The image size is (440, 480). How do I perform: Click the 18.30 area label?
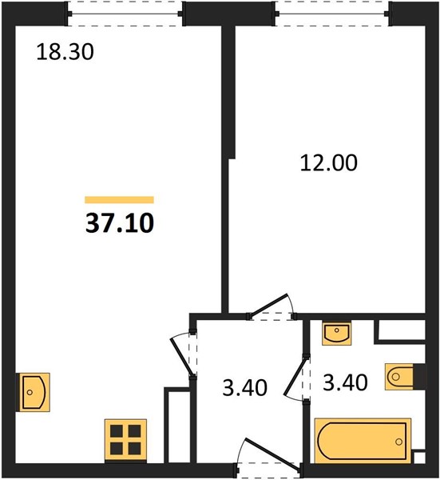(x=65, y=52)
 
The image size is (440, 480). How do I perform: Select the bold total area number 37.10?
(x=120, y=223)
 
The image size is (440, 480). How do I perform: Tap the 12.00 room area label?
(x=328, y=163)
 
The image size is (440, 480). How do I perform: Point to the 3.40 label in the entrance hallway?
(x=244, y=387)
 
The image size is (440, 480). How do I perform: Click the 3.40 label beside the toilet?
(x=345, y=382)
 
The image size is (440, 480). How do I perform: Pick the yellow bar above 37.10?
(x=119, y=200)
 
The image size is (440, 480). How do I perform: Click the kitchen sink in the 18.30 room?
(x=33, y=392)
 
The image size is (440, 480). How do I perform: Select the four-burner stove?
(x=125, y=440)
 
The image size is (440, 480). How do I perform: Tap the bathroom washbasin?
(x=336, y=333)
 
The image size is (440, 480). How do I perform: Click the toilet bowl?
(x=398, y=377)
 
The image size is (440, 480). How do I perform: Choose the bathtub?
(x=363, y=441)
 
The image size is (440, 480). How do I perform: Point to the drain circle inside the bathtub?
(x=398, y=442)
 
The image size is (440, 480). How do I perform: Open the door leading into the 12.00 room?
(x=268, y=304)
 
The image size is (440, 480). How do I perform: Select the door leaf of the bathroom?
(x=295, y=377)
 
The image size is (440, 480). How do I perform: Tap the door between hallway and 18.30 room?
(x=182, y=356)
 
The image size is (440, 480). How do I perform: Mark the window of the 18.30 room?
(x=125, y=14)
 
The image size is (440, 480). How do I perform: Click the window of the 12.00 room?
(x=331, y=14)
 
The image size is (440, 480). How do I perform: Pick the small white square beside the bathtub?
(x=418, y=458)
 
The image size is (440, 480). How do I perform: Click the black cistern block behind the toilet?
(x=419, y=377)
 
